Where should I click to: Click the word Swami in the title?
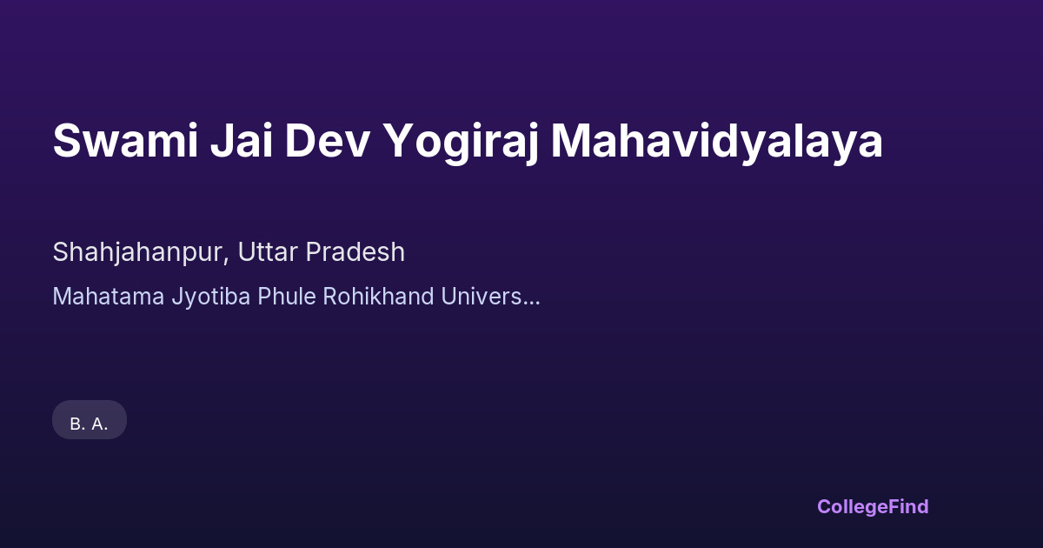click(x=126, y=141)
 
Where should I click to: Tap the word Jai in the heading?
click(x=242, y=141)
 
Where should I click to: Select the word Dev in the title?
click(x=328, y=141)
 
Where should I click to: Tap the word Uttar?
click(x=268, y=252)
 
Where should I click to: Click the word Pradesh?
click(x=355, y=252)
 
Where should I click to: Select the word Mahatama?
click(x=109, y=297)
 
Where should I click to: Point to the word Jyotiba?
click(x=211, y=297)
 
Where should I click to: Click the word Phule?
click(x=287, y=297)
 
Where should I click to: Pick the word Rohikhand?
click(x=379, y=297)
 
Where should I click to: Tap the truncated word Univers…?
click(x=491, y=297)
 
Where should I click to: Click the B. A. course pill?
click(x=90, y=420)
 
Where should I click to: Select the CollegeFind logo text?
click(x=873, y=507)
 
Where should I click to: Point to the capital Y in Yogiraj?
click(x=401, y=141)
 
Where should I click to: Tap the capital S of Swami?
click(x=68, y=141)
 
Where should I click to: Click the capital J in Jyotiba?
click(x=177, y=297)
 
